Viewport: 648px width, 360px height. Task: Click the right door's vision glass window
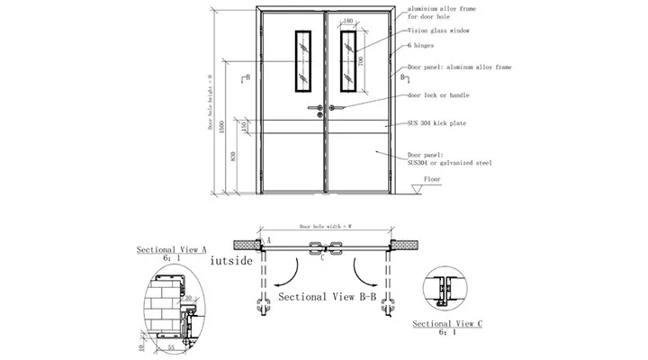click(x=348, y=60)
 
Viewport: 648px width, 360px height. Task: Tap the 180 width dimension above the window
click(x=348, y=21)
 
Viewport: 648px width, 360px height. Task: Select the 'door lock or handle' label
click(x=437, y=94)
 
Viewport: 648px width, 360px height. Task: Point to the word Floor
click(x=435, y=180)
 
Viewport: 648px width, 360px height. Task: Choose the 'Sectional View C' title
click(x=447, y=323)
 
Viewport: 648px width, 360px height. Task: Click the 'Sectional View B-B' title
click(x=328, y=295)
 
